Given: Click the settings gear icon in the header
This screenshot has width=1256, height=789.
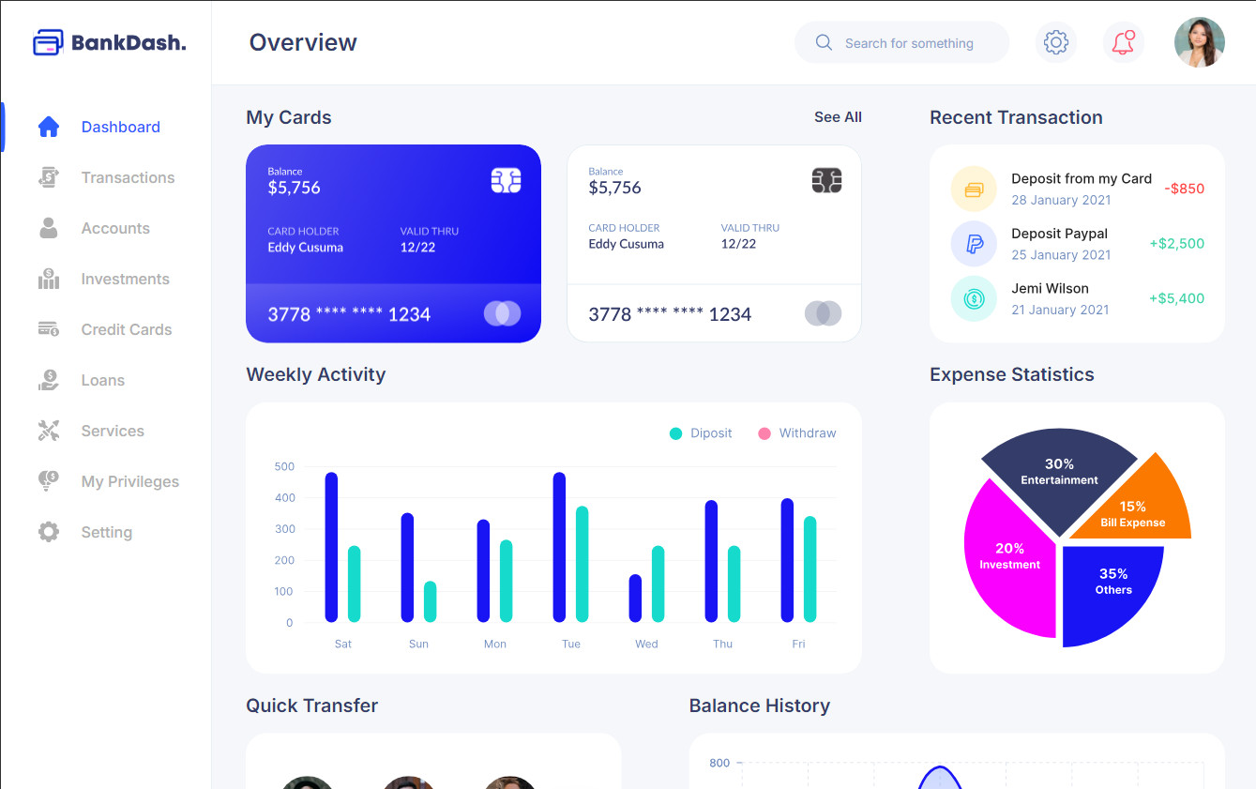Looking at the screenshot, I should (x=1056, y=42).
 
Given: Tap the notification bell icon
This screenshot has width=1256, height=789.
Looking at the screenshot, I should (x=1123, y=42).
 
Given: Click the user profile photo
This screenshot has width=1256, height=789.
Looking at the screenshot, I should (x=1200, y=42).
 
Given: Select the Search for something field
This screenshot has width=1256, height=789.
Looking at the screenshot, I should (x=908, y=43).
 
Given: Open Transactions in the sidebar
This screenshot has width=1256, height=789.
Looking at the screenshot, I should (x=128, y=177).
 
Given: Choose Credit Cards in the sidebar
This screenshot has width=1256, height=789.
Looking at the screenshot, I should (x=126, y=329).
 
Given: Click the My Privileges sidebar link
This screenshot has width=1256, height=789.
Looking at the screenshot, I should (x=129, y=481).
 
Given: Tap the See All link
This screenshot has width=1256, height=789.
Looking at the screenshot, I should (x=838, y=117).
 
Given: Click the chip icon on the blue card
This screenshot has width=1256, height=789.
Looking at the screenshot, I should (x=506, y=181).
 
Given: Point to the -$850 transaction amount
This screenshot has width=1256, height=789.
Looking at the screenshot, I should (x=1184, y=189).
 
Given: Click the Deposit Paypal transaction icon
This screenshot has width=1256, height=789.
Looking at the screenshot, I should (x=974, y=244).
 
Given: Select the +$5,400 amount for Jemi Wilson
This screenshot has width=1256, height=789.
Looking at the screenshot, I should (x=1176, y=298).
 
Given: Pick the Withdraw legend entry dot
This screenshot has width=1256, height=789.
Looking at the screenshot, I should (x=764, y=433).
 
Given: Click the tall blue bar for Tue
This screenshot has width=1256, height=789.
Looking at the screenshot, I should (x=560, y=546).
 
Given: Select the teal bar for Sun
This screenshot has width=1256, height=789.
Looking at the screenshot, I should (x=430, y=601).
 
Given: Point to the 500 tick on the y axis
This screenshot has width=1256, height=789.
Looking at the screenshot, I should (x=284, y=466).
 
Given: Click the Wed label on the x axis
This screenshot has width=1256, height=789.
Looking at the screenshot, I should (x=646, y=644).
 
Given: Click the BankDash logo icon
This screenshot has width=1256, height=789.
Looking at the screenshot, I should (x=48, y=42).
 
